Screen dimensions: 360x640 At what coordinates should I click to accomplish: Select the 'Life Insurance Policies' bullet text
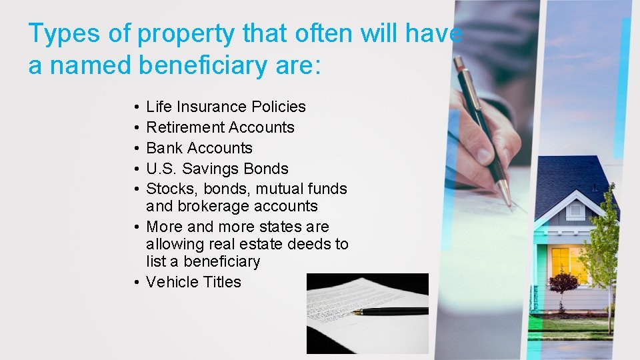(x=225, y=107)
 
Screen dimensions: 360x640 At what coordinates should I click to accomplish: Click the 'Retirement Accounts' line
(x=220, y=127)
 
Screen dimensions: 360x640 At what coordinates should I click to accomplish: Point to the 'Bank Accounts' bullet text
(x=199, y=148)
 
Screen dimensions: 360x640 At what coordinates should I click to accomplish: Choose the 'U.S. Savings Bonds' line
(x=217, y=169)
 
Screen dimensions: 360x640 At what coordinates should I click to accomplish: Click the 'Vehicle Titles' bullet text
(x=193, y=282)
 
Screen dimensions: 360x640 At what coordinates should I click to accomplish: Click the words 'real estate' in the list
(x=244, y=244)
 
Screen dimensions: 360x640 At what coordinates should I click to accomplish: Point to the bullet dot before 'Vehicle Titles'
(x=135, y=283)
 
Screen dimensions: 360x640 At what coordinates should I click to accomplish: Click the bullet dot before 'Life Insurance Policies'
(x=135, y=107)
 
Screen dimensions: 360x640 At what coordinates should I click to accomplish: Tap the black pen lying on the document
(x=390, y=311)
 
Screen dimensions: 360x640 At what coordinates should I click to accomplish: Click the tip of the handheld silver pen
(x=510, y=205)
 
